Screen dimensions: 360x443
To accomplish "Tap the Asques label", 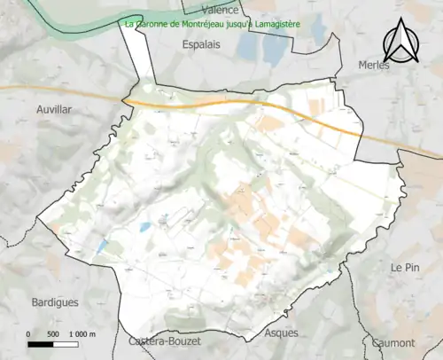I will pos(282,333).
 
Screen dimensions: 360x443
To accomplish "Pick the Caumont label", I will pos(393,342).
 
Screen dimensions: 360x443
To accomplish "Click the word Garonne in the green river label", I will pos(152,25).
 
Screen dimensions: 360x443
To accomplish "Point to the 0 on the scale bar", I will pos(29,333).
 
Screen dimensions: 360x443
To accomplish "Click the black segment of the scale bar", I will pos(41,343).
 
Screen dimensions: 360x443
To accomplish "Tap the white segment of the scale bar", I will pos(65,343).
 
